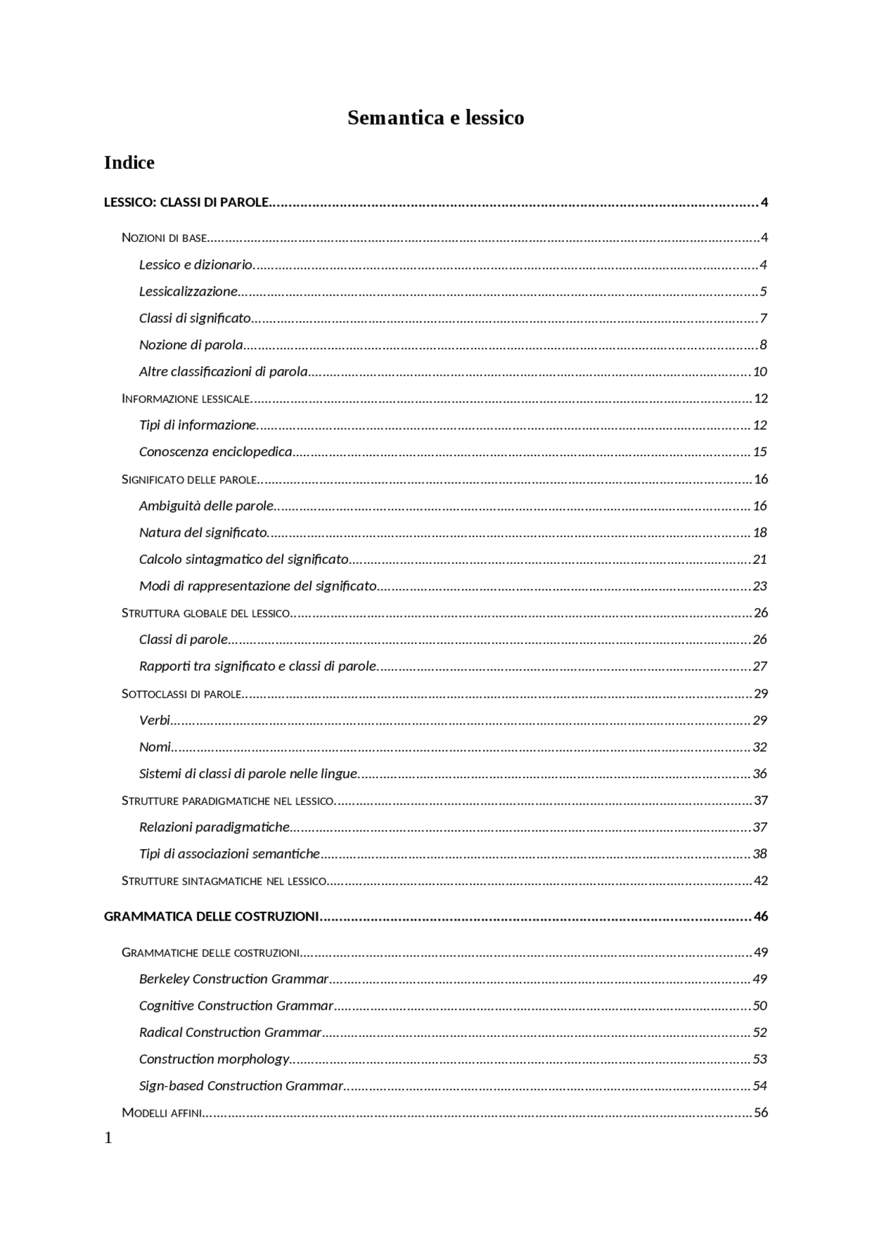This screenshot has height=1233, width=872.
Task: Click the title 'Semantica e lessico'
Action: (x=435, y=118)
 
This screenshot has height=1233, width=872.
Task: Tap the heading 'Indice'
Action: (x=129, y=163)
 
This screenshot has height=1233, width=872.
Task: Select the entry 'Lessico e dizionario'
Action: (x=196, y=265)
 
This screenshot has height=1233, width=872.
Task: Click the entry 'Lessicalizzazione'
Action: (x=188, y=291)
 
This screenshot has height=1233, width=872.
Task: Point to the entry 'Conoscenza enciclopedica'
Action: (x=215, y=452)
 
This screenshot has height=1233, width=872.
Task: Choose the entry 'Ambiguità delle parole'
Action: (x=206, y=506)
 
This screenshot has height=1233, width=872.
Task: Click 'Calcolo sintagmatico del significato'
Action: (x=243, y=560)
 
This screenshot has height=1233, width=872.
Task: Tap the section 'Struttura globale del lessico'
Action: (x=206, y=613)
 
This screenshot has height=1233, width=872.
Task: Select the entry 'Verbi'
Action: (x=154, y=720)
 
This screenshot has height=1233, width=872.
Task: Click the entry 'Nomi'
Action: (x=155, y=747)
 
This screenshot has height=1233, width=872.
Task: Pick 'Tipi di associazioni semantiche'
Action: (x=229, y=854)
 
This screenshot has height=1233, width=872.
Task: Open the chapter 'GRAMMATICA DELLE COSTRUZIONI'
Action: (x=211, y=917)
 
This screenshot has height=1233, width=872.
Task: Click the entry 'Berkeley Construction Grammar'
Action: (x=234, y=979)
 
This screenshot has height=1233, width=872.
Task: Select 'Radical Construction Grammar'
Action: (x=230, y=1033)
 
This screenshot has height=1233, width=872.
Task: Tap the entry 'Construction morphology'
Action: (x=214, y=1059)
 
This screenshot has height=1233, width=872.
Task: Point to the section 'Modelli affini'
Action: (x=161, y=1113)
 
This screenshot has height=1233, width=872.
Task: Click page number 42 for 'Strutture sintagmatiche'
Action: (x=760, y=881)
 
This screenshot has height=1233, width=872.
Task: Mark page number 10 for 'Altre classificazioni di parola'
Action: (x=760, y=372)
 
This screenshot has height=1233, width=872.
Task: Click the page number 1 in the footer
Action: (x=108, y=1138)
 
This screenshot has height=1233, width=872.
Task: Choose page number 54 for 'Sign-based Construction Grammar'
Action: (x=760, y=1086)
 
